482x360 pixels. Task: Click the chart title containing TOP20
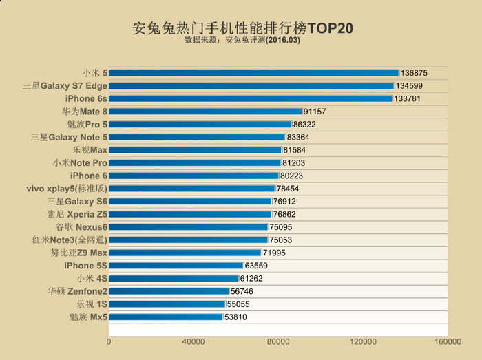pyautogui.click(x=242, y=29)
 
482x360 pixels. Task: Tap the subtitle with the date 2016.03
pyautogui.click(x=242, y=41)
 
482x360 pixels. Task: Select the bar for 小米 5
pyautogui.click(x=253, y=72)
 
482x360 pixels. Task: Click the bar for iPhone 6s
pyautogui.click(x=250, y=98)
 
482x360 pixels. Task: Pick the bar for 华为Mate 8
pyautogui.click(x=205, y=111)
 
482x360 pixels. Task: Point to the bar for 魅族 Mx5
pyautogui.click(x=165, y=317)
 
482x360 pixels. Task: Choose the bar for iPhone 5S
pyautogui.click(x=176, y=265)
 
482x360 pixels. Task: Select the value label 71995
pyautogui.click(x=276, y=253)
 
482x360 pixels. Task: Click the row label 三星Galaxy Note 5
pyautogui.click(x=69, y=137)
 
